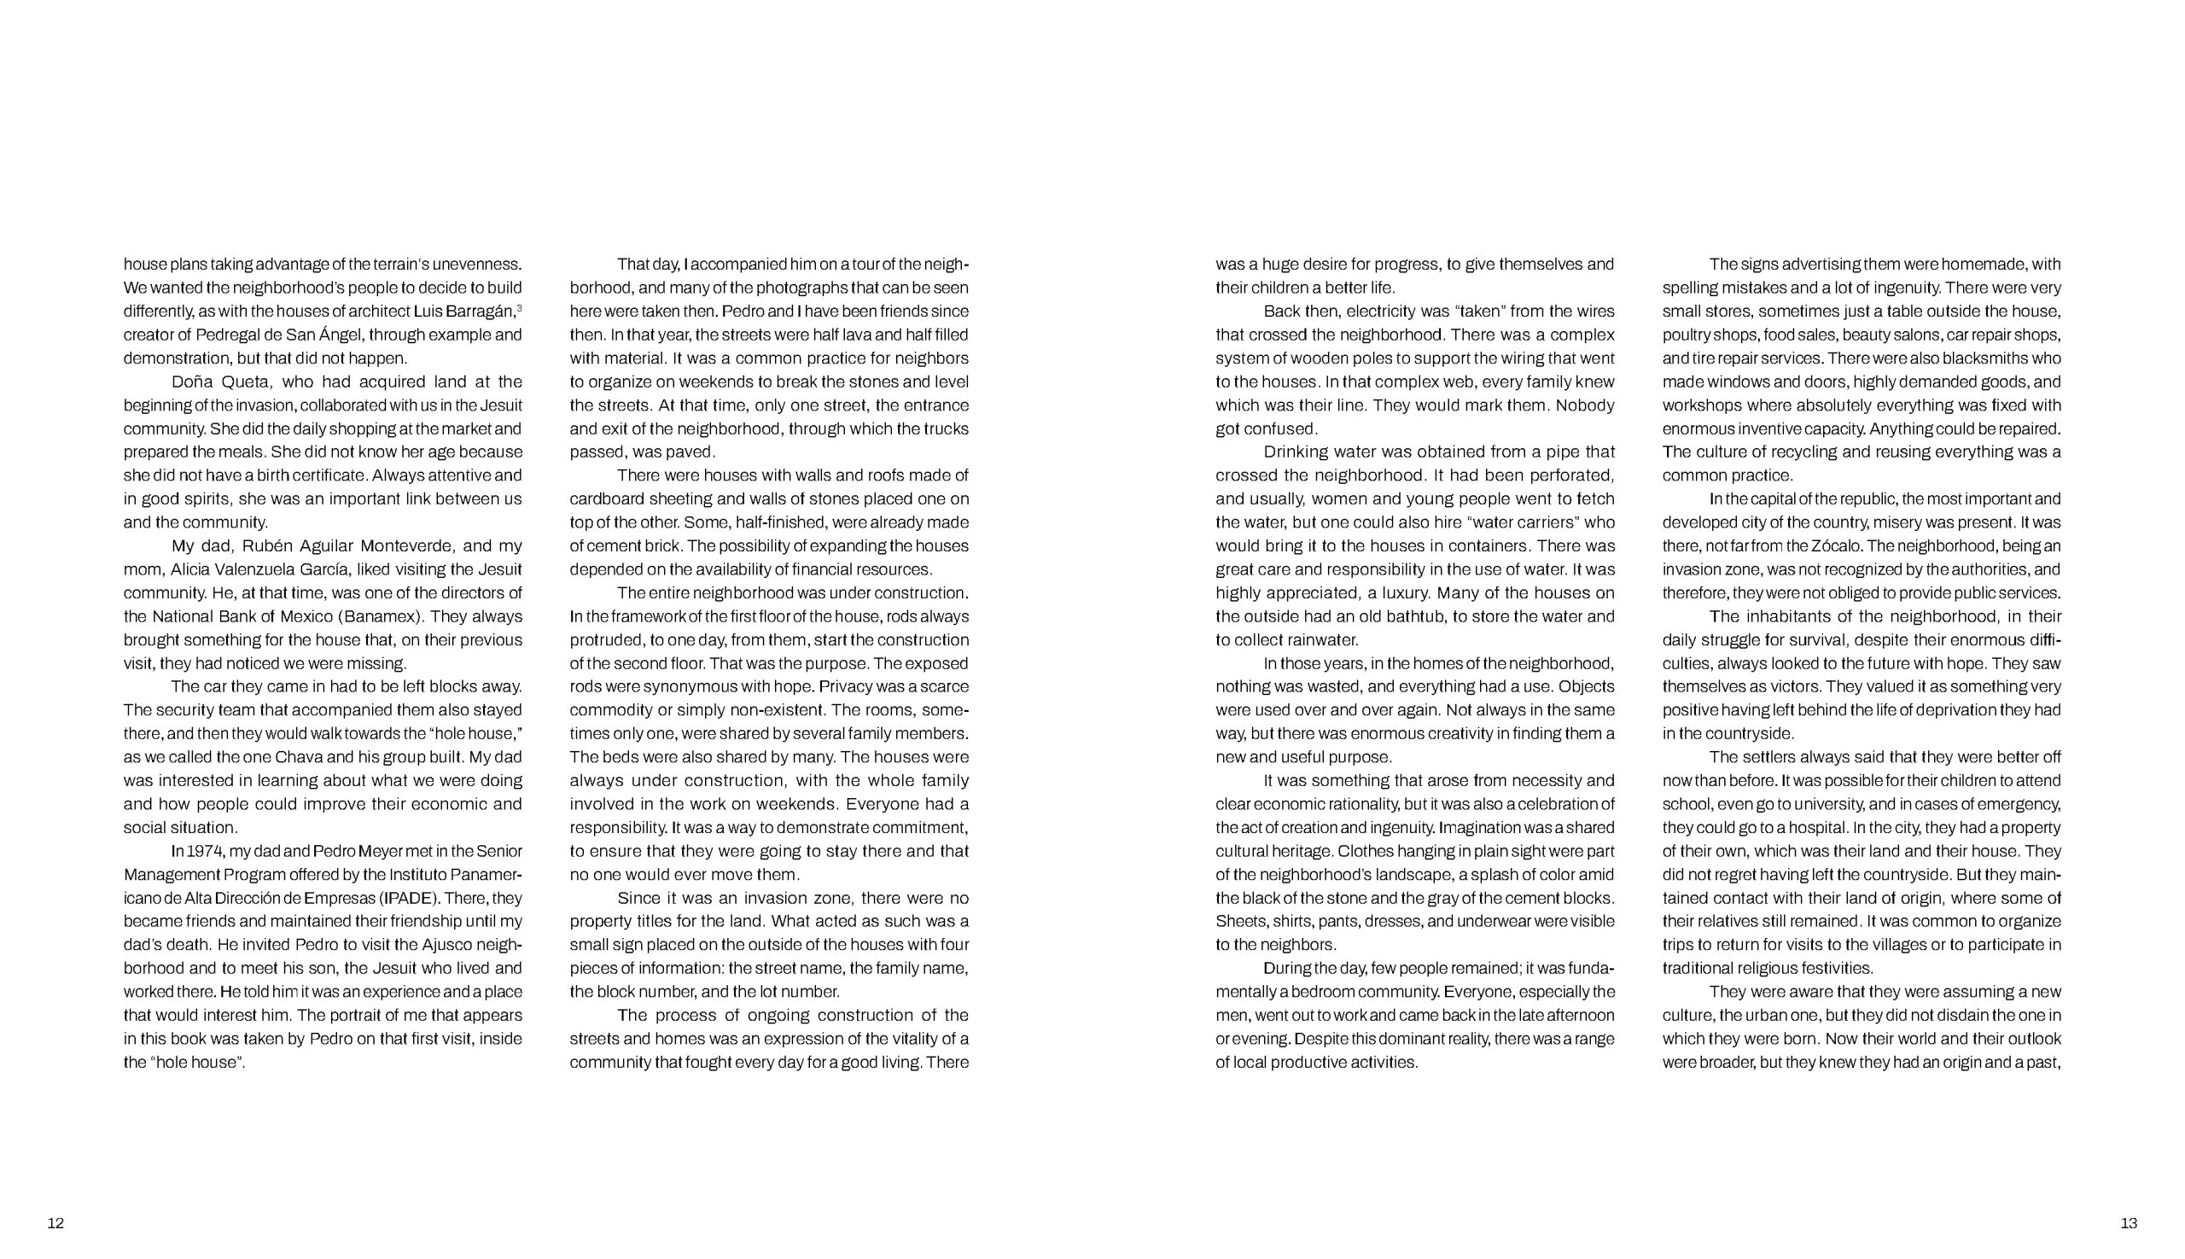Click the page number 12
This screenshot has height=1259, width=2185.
55,1222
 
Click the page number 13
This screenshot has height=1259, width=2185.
2129,1222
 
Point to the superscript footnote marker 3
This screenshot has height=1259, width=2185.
519,308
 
